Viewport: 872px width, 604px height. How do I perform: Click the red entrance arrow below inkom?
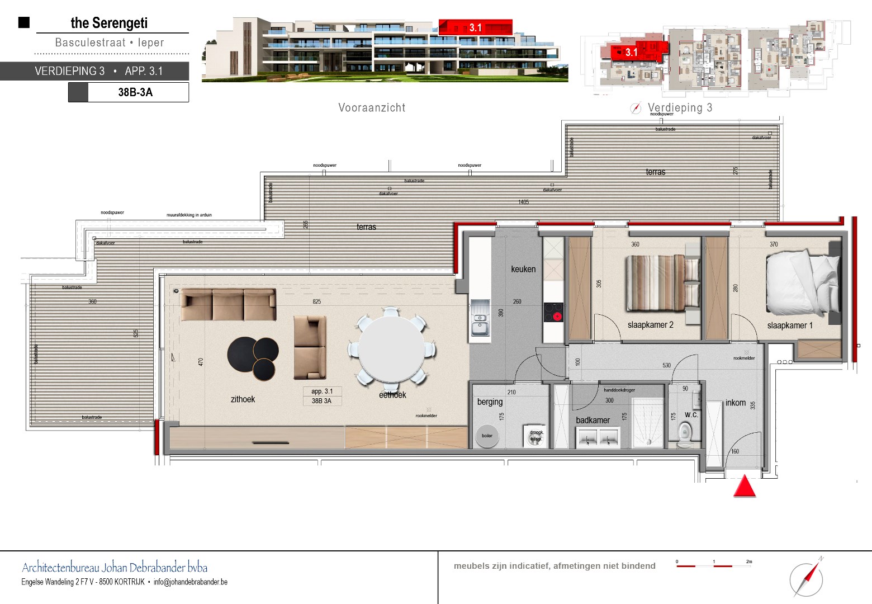[744, 487]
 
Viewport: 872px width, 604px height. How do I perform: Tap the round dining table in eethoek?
[391, 347]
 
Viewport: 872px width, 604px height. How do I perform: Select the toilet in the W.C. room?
[685, 433]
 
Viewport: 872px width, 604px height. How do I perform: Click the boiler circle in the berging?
[487, 436]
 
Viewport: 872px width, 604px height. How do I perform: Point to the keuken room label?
[523, 269]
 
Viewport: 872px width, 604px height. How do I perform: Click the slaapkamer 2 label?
[650, 325]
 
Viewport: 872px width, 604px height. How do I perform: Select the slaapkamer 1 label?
[790, 325]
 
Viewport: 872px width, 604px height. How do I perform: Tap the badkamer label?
[593, 420]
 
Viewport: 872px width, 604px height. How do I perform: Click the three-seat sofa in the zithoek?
[228, 305]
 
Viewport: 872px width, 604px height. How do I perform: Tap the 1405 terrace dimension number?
[523, 202]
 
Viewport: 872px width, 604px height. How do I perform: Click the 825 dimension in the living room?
[317, 301]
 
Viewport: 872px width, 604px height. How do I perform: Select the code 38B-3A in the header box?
[135, 92]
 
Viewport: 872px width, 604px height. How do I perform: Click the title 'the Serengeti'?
[109, 23]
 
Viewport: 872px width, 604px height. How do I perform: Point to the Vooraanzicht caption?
[372, 108]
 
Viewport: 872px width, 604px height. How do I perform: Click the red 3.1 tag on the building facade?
[475, 27]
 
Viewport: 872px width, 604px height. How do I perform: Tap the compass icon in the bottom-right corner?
[807, 578]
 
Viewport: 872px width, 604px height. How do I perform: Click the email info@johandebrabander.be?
[191, 582]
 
